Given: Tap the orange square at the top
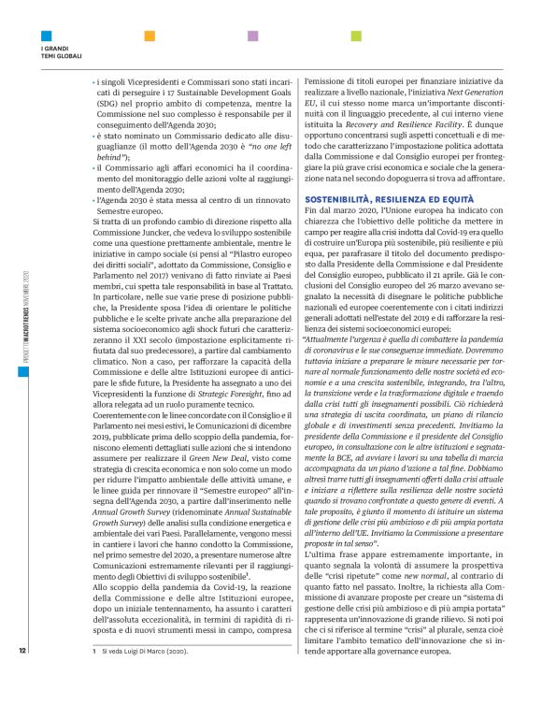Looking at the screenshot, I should pyautogui.click(x=149, y=36).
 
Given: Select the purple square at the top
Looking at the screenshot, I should pyautogui.click(x=251, y=36).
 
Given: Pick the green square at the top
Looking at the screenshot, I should pyautogui.click(x=356, y=36).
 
